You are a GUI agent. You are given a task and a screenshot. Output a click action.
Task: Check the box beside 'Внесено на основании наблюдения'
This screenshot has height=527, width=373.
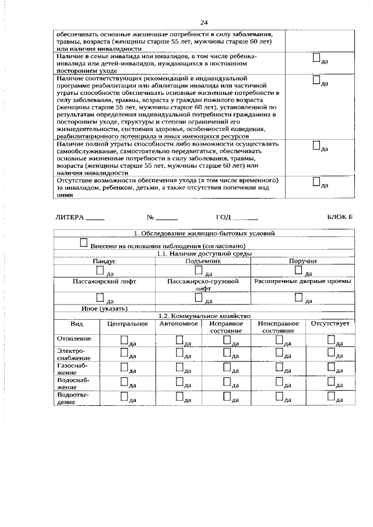tap(84, 242)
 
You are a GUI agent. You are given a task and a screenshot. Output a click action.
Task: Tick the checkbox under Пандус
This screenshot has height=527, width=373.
tap(100, 270)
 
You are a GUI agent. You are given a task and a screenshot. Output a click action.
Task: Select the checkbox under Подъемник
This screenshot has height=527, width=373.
tap(199, 270)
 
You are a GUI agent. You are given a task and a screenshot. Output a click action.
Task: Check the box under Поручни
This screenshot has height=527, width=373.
tap(298, 270)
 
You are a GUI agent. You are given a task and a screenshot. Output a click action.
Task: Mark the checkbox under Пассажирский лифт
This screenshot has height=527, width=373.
tap(100, 297)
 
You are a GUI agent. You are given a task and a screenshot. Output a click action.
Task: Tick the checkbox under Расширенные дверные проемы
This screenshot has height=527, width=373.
tap(298, 297)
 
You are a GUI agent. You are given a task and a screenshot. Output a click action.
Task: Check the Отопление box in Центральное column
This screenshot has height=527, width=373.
tap(124, 339)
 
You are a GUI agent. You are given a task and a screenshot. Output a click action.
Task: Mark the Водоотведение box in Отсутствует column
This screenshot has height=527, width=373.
tap(331, 396)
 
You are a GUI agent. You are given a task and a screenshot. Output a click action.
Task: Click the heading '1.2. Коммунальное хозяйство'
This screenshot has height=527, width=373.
tap(204, 315)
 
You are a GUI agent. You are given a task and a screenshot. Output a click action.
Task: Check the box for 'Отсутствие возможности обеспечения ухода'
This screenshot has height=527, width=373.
tap(316, 182)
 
